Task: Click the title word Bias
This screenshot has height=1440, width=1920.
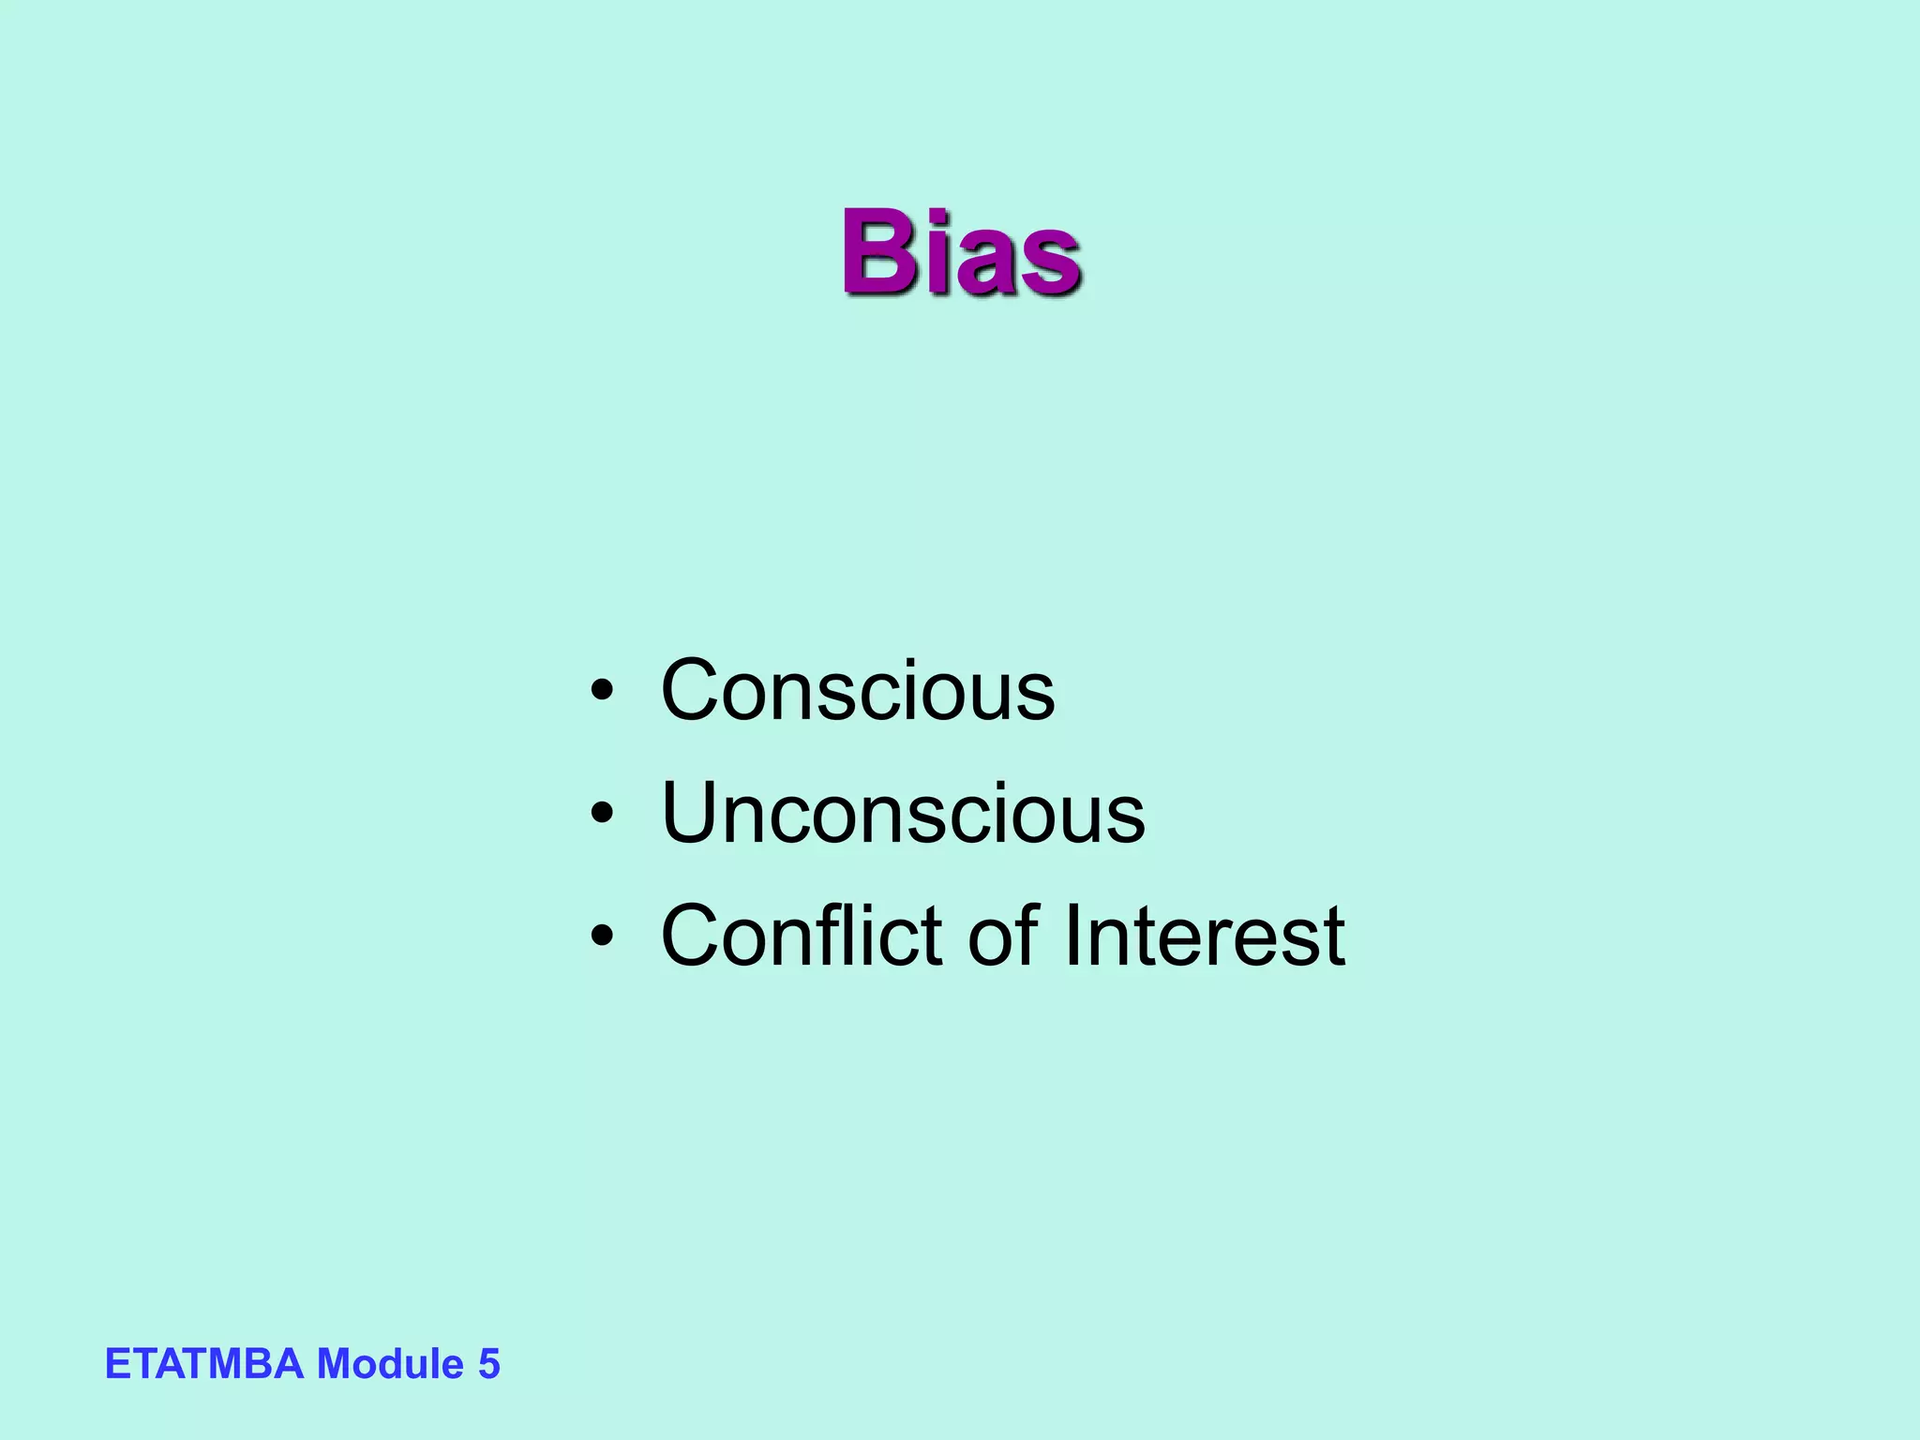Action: coord(960,251)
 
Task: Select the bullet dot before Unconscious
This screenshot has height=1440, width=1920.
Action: coord(602,815)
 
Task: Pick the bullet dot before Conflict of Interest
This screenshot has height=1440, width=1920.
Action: coord(602,937)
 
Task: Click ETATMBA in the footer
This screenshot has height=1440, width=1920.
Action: coord(204,1364)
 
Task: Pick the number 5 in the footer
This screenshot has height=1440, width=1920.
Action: coord(489,1364)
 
